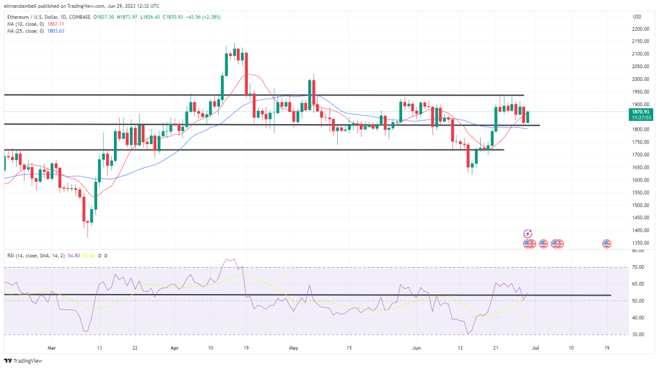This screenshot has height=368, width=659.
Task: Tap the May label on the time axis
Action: coord(294,347)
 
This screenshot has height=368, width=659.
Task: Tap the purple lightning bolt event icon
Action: coord(528,234)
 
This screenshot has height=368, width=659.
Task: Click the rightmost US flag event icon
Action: coord(606,243)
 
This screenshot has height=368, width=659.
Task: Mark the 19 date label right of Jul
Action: coord(607,347)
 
